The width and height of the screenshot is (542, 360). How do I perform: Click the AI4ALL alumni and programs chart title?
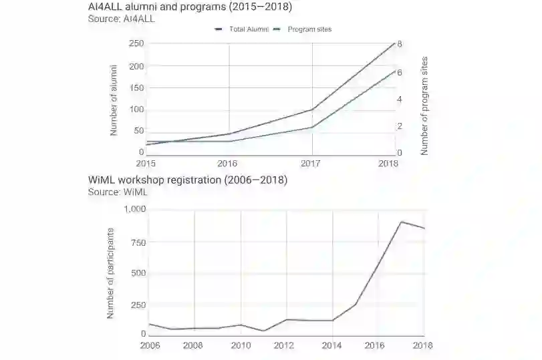tap(190, 7)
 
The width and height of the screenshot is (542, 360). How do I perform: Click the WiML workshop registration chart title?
tap(188, 180)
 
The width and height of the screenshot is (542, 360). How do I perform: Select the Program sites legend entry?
tap(309, 29)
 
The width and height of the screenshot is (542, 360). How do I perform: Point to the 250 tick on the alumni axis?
tap(136, 43)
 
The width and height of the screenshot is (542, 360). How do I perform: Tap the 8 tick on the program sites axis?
tap(399, 44)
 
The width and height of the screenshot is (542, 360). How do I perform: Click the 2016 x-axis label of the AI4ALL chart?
tap(229, 163)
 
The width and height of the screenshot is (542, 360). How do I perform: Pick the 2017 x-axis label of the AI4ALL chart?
tap(311, 163)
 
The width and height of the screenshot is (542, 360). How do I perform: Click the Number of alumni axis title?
tap(114, 100)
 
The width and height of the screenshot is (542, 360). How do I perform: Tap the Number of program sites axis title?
tap(424, 106)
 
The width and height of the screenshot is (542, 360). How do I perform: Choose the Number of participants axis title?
tap(111, 272)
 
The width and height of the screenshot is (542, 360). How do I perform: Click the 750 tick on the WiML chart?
tap(138, 242)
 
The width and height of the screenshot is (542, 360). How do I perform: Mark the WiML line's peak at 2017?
tap(401, 222)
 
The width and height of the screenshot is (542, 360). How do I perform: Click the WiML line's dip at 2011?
tap(263, 331)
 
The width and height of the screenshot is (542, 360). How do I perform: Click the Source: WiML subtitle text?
tap(118, 192)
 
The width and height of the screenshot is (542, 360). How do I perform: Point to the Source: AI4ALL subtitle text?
tap(121, 19)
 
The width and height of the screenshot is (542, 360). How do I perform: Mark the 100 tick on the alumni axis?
tap(136, 110)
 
